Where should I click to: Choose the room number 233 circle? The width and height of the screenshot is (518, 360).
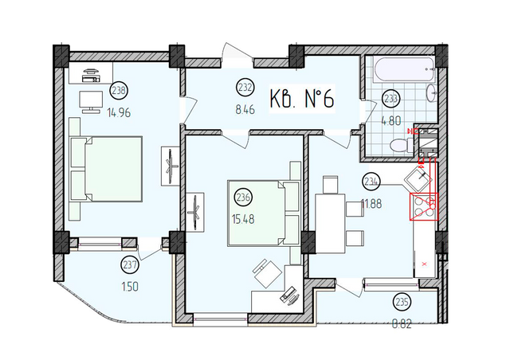point(391,100)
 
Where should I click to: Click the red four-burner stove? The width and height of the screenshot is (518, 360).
point(423,207)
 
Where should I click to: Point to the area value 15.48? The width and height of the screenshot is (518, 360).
point(244,219)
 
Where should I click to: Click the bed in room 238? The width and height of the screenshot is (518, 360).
point(104,168)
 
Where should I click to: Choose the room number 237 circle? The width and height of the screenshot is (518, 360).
point(130,264)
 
